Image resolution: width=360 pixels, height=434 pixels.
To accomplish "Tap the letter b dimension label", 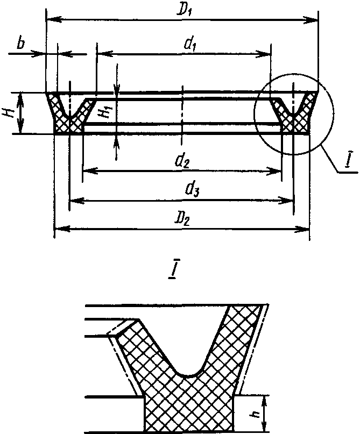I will (x=21, y=44).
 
